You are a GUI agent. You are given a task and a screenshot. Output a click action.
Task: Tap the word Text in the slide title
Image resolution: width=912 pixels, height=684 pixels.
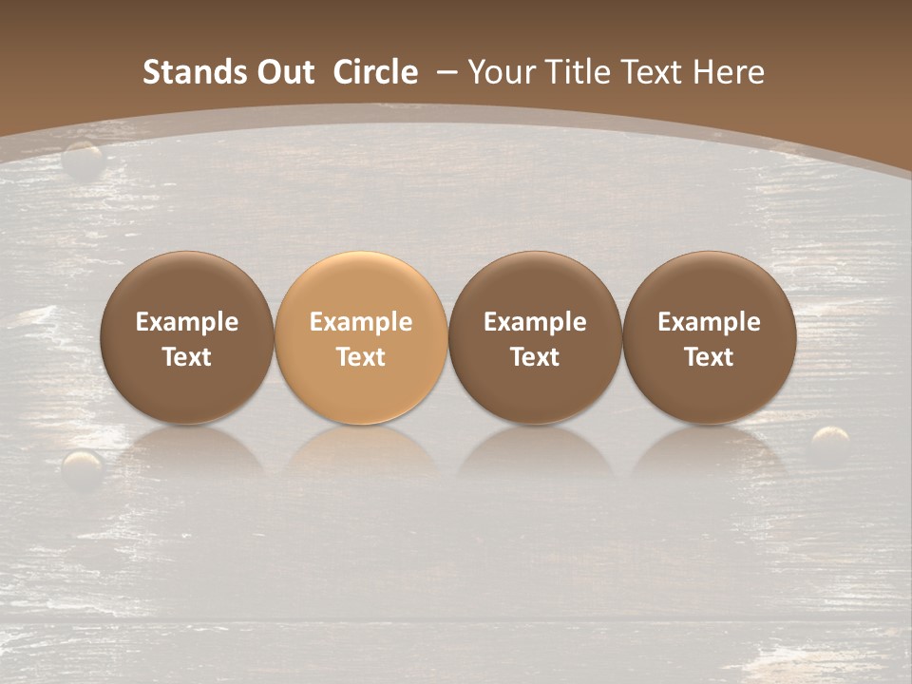click(650, 72)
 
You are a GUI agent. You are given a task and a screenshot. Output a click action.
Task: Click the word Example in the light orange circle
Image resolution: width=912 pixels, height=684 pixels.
click(361, 322)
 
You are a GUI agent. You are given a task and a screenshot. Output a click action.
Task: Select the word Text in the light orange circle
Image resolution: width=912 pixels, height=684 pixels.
click(361, 357)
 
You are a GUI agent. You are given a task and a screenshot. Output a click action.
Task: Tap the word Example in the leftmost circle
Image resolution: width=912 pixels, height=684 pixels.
click(187, 322)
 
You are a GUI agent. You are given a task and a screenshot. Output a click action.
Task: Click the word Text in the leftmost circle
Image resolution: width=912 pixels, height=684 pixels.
click(187, 357)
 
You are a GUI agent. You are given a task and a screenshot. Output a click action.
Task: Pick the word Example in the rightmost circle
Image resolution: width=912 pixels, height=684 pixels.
click(709, 322)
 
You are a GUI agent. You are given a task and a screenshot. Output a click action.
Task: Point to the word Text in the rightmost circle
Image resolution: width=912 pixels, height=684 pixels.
click(709, 357)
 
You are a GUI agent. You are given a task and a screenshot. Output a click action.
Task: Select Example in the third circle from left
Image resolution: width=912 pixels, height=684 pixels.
click(535, 322)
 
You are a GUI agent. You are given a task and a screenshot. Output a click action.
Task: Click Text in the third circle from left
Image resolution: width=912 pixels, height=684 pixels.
click(535, 357)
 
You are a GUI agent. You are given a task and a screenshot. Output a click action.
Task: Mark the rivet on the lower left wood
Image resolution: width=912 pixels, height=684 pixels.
click(82, 468)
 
